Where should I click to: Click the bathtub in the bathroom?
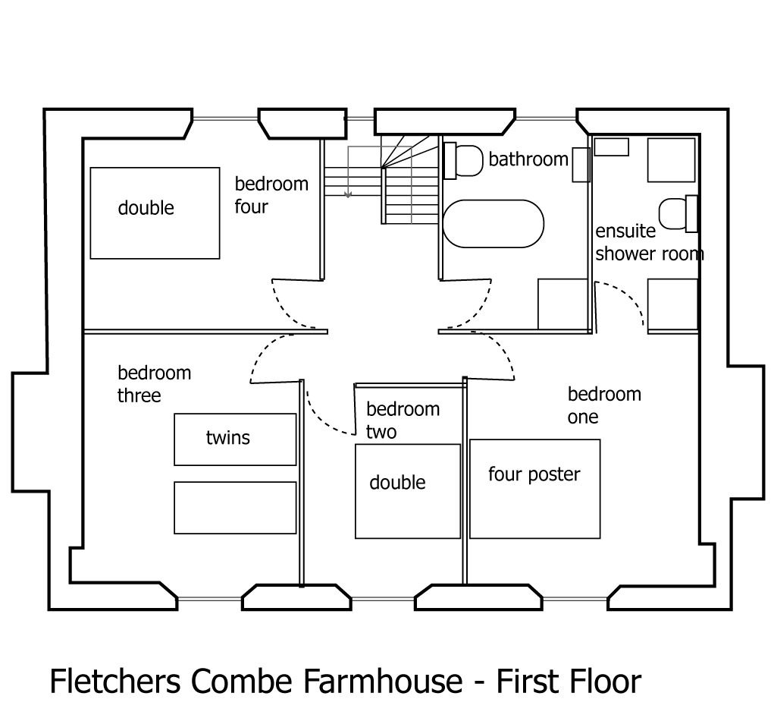click(x=494, y=223)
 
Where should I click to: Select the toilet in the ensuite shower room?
click(x=675, y=213)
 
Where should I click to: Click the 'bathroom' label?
click(x=528, y=159)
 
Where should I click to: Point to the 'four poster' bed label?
click(x=534, y=475)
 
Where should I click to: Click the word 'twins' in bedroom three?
click(x=227, y=438)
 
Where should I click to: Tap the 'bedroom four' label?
click(x=271, y=195)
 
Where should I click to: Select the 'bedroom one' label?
click(x=603, y=405)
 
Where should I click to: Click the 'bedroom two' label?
click(x=402, y=420)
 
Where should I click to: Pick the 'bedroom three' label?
click(x=154, y=384)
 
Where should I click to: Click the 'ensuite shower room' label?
click(x=649, y=242)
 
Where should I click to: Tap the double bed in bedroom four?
click(x=155, y=213)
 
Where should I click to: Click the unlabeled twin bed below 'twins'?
click(x=234, y=507)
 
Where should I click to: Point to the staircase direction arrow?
click(x=348, y=194)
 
